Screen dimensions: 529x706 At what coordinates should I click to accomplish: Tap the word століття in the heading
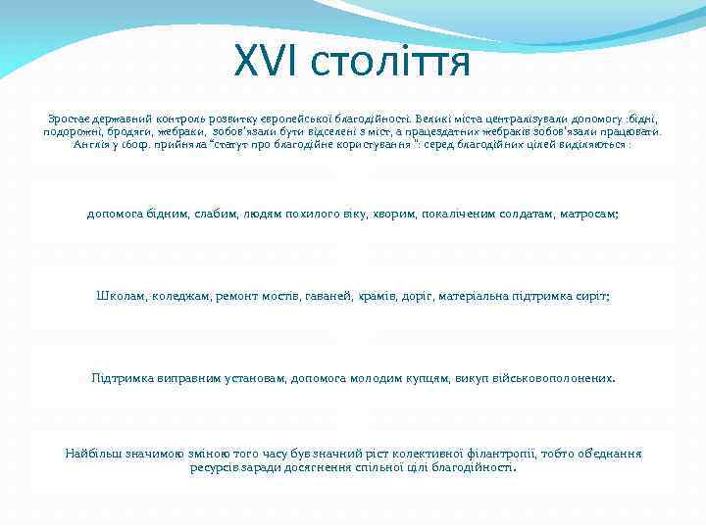(x=391, y=63)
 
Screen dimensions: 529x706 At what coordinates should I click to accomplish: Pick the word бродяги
(x=125, y=129)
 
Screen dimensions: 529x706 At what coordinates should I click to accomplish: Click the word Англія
(x=92, y=143)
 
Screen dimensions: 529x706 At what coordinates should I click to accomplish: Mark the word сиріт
(x=592, y=295)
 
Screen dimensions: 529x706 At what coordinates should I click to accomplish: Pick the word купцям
(x=422, y=377)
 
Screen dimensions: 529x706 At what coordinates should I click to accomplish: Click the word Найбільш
(x=91, y=454)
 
